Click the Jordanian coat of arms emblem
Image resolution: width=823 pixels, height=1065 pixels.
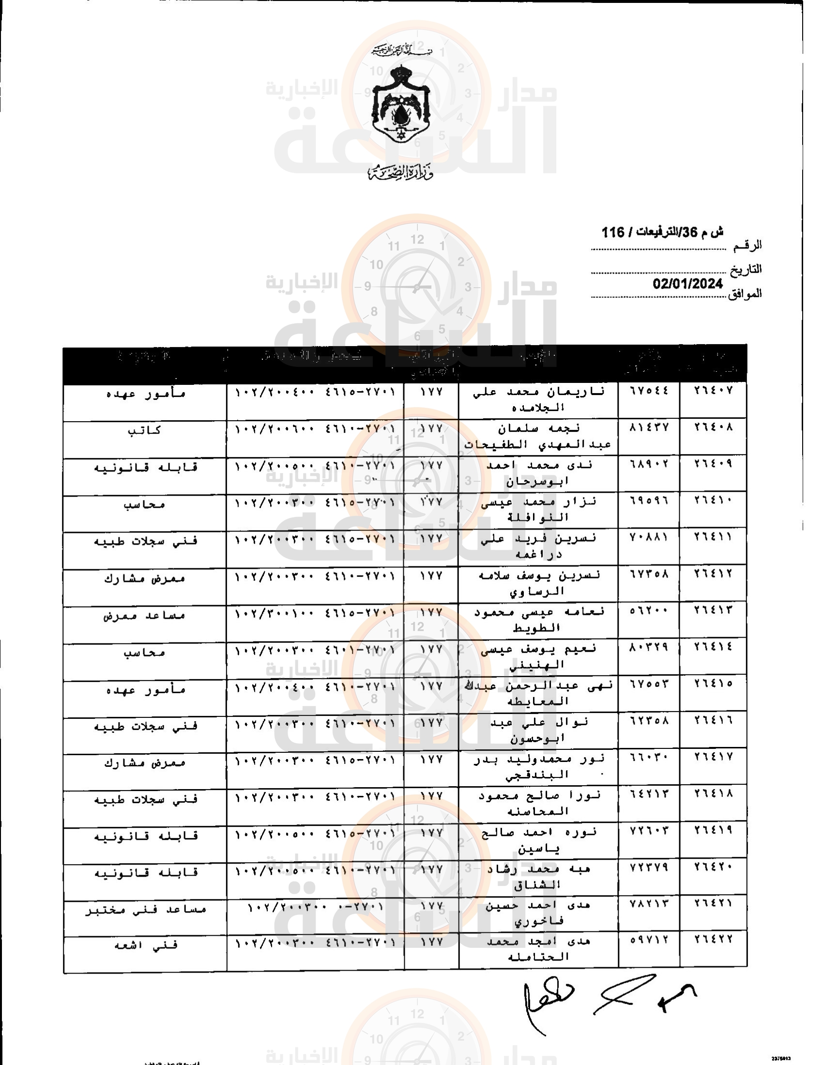coord(401,104)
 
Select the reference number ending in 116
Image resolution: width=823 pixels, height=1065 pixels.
coord(662,232)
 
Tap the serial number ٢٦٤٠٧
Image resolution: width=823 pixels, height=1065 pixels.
coord(713,390)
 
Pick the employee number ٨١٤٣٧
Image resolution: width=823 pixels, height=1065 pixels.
coord(649,427)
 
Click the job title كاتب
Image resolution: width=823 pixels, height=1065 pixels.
coord(144,430)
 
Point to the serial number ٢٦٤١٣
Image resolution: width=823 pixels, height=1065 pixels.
coord(713,610)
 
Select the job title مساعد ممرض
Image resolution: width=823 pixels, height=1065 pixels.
coord(144,615)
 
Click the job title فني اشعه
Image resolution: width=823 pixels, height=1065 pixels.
coord(146,945)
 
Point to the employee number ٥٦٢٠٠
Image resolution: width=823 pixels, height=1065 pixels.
coord(649,610)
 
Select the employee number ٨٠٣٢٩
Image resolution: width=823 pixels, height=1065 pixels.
coord(649,647)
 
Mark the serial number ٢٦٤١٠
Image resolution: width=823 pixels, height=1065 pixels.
coord(713,501)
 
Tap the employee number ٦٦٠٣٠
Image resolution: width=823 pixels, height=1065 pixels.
coord(649,757)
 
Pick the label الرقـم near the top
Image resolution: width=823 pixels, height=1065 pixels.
coord(747,246)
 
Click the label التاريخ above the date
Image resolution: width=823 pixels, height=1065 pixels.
coord(746,270)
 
